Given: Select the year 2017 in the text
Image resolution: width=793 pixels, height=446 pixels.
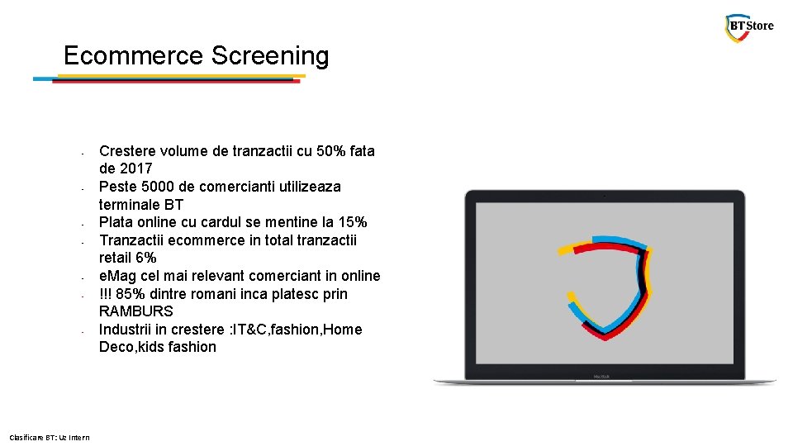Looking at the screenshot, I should [135, 169].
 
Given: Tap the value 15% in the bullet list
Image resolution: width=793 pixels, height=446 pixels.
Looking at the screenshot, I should [352, 222].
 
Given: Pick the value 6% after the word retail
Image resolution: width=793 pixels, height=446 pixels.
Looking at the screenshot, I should [144, 259].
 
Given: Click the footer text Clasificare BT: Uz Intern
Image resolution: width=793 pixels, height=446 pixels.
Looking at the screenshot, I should [49, 437].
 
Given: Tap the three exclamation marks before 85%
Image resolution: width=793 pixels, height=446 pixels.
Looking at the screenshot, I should [105, 294].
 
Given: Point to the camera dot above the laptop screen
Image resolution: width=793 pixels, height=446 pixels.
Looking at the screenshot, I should [605, 196].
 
